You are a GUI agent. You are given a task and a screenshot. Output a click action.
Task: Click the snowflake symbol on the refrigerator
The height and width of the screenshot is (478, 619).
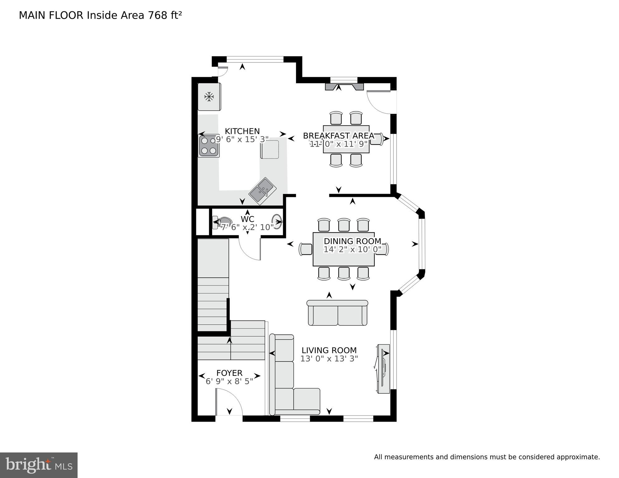pos(209,97)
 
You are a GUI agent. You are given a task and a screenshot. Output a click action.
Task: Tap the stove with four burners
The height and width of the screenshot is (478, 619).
pos(209,146)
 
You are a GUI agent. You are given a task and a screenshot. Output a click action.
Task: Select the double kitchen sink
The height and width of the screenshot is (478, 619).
pos(263,191)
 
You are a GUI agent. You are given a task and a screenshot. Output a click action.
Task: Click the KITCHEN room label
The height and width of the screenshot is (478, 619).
pos(242,131)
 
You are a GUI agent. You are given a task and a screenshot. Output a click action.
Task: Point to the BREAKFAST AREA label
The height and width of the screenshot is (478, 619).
pos(338,136)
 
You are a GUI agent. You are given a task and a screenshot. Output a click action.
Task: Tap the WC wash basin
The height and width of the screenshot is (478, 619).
pos(277,222)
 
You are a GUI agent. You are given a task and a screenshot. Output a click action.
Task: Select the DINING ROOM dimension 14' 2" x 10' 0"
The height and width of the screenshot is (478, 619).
pos(352,249)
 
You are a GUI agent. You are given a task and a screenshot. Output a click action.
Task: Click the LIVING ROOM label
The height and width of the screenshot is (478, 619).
pos(329,350)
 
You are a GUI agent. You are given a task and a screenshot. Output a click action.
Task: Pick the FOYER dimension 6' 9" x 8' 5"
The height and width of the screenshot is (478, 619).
pos(229,381)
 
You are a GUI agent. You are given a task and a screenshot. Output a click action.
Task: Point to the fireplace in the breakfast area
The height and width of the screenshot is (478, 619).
pos(344,87)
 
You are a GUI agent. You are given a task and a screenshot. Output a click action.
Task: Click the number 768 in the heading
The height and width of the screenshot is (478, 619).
pos(158,15)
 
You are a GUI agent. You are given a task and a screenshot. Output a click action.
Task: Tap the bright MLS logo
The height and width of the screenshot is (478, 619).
pos(39,465)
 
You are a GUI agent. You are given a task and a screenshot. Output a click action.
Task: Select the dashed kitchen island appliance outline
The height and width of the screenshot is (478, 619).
pos(270,149)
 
